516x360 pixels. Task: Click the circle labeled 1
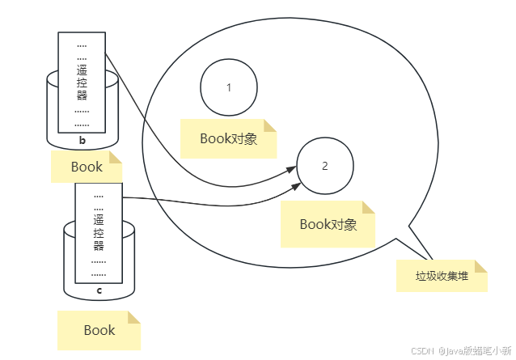229,87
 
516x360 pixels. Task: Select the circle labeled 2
325,166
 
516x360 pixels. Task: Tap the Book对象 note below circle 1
228,138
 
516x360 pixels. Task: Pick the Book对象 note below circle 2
328,224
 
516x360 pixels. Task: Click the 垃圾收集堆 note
442,276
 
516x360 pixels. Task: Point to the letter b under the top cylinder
82,141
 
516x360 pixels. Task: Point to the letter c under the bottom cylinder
99,290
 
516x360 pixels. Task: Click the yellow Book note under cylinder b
87,167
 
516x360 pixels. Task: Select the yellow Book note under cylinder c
99,330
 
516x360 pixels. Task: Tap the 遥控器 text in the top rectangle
82,83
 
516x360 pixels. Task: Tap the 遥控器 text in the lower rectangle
99,232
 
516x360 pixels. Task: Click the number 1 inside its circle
229,87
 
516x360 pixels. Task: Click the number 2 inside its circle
325,166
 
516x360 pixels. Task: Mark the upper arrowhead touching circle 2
291,169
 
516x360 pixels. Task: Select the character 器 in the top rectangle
82,95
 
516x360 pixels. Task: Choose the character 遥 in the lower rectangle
99,219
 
